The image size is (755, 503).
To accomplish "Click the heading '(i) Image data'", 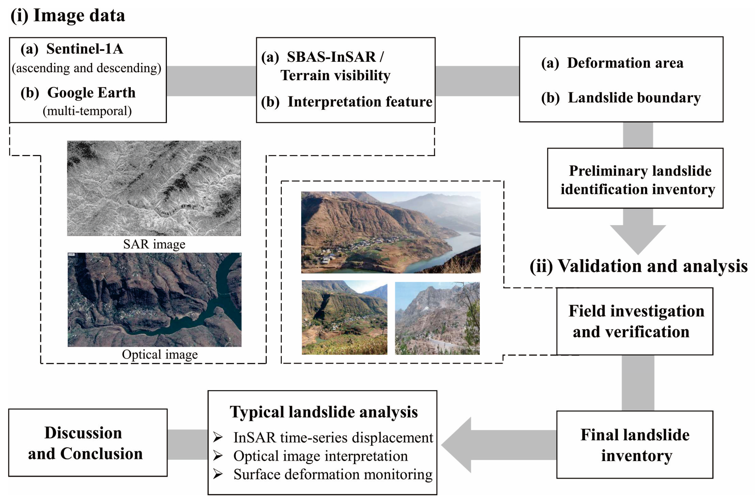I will [68, 15].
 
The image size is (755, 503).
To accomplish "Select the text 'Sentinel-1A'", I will [84, 49].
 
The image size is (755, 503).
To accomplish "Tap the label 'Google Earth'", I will [91, 93].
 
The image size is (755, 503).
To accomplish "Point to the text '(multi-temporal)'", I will [87, 111].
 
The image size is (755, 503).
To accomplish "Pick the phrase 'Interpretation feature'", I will [360, 102].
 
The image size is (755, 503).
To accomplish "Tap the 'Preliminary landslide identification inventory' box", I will [635, 178].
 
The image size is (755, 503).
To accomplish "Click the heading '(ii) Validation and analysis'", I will [638, 266].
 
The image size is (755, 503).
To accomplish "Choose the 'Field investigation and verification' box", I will [634, 321].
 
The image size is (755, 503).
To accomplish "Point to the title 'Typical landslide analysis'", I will [324, 412].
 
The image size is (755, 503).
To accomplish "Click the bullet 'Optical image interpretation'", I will [320, 456].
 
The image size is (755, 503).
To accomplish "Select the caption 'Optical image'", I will [160, 354].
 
